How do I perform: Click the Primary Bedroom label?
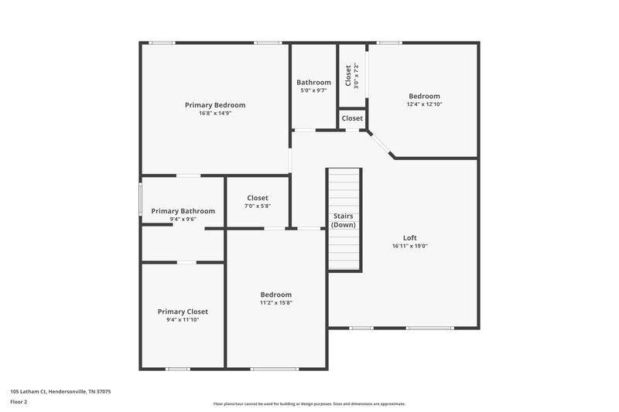pos(214,104)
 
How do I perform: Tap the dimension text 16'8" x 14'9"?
pos(214,113)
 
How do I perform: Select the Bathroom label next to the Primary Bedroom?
pos(313,83)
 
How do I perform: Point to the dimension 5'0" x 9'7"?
pos(313,90)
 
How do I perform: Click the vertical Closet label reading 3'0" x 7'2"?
pos(348,74)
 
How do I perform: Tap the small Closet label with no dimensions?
pos(352,118)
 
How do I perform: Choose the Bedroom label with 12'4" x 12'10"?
pos(424,96)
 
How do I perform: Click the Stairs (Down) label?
pos(344,220)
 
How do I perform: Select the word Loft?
pos(410,237)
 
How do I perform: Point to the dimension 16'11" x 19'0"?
pos(410,246)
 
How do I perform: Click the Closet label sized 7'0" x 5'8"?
pos(258,198)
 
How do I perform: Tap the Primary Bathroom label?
pos(183,211)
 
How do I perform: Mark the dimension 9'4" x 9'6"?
pos(183,220)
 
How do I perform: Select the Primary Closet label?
pos(183,312)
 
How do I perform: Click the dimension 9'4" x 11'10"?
pos(183,319)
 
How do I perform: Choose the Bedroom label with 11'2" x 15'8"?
pos(275,295)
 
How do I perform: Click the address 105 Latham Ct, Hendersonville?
pos(60,392)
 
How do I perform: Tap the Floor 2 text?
pos(19,402)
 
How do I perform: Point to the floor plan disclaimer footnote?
pos(309,403)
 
